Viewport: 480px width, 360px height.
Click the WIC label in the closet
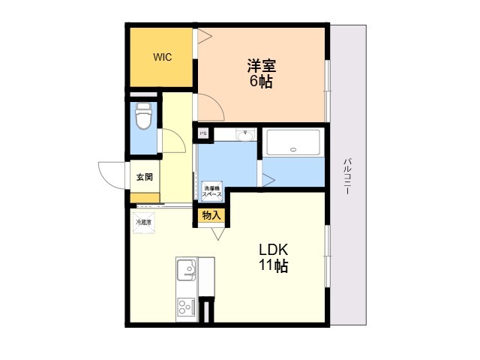tap(163, 57)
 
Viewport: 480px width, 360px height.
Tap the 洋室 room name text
tap(261, 64)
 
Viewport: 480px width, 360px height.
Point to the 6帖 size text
tap(261, 81)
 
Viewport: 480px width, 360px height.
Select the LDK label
tap(274, 250)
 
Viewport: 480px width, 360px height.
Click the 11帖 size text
tap(274, 266)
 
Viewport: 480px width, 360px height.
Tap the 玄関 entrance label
tap(144, 178)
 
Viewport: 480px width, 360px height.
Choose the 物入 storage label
tap(211, 215)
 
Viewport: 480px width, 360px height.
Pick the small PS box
tap(202, 134)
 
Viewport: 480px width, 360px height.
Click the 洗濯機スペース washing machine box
tap(211, 190)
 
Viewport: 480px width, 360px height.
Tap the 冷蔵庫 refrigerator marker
tap(143, 223)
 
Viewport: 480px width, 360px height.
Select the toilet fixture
tap(143, 117)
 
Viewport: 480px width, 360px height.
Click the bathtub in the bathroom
tap(293, 142)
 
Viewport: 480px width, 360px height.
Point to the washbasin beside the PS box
tap(244, 135)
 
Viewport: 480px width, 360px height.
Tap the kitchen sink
tap(187, 269)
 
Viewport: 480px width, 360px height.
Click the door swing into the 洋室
tap(210, 107)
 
